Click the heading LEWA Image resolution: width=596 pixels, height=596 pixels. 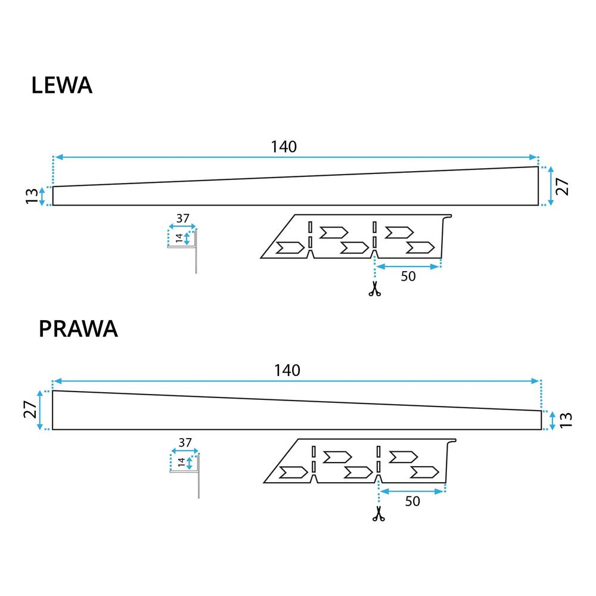tap(61, 86)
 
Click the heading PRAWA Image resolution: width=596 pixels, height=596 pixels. tap(78, 329)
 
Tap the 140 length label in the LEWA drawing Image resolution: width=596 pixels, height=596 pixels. tap(284, 147)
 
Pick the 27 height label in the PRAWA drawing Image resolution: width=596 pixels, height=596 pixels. tap(30, 410)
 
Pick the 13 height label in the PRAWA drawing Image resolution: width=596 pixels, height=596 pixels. tap(566, 420)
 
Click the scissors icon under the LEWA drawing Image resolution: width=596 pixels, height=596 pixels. tap(374, 290)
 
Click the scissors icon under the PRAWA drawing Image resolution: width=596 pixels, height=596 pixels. tap(378, 514)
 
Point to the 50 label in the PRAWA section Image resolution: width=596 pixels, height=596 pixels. tap(412, 501)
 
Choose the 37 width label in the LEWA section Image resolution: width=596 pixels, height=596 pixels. tap(183, 219)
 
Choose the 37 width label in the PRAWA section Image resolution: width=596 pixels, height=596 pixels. tap(185, 443)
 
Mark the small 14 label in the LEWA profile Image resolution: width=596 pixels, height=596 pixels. tap(179, 238)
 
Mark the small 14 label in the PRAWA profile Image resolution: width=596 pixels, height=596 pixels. tap(181, 463)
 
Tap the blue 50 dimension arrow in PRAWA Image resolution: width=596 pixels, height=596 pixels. tap(412, 491)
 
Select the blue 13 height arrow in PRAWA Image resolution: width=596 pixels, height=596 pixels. tap(554, 420)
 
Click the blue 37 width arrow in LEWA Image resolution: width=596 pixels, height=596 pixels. tap(182, 226)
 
